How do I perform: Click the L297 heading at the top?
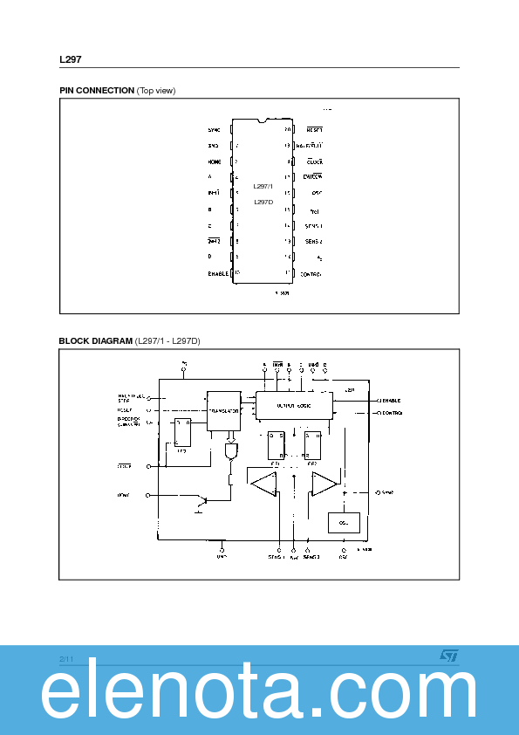pyautogui.click(x=71, y=60)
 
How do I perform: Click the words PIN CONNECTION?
pyautogui.click(x=97, y=91)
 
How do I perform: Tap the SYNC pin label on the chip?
pyautogui.click(x=215, y=129)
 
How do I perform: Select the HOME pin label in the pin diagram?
pyautogui.click(x=215, y=161)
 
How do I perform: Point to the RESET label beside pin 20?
pyautogui.click(x=314, y=129)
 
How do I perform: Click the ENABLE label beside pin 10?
pyautogui.click(x=217, y=273)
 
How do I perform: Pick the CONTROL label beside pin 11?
pyautogui.click(x=311, y=274)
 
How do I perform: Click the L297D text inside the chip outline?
pyautogui.click(x=263, y=202)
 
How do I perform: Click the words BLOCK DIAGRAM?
pyautogui.click(x=96, y=340)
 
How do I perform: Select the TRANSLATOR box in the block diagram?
pyautogui.click(x=223, y=410)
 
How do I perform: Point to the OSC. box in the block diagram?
pyautogui.click(x=342, y=523)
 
